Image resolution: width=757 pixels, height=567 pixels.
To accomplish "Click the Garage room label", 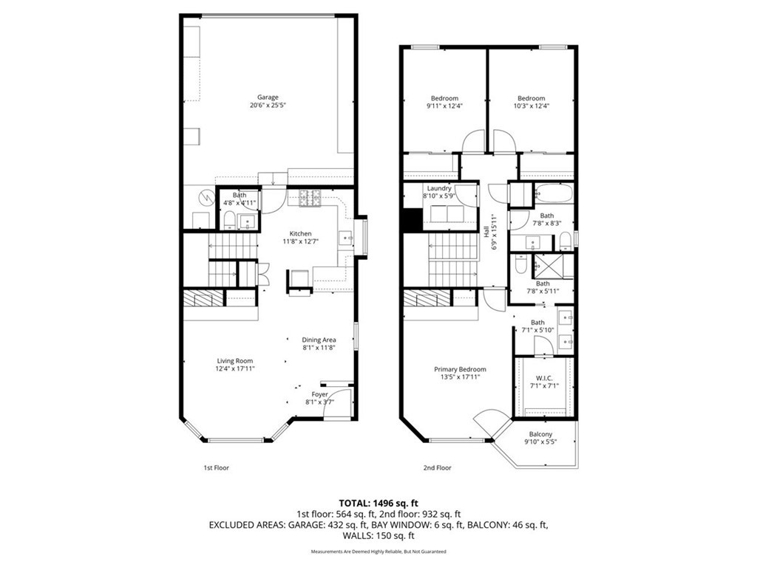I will pos(267,97).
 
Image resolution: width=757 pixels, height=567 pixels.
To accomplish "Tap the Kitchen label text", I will pos(299,234).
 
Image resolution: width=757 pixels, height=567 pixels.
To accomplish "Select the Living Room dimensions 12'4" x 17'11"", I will pos(234,368).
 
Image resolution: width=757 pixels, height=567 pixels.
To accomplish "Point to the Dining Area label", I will pos(319,340).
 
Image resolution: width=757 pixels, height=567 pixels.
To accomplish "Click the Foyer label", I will pos(319,394).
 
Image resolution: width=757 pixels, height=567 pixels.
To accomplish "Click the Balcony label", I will pos(540,434).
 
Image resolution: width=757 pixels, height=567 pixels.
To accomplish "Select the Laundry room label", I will pos(438,188).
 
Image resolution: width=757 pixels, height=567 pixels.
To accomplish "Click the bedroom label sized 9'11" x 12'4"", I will pos(444,98).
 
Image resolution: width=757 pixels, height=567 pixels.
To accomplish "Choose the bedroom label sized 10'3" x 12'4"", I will pos(531,98).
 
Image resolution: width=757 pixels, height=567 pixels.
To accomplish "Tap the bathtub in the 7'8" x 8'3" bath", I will pos(552,194).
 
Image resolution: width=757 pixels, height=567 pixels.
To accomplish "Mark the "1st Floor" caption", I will pos(216,467).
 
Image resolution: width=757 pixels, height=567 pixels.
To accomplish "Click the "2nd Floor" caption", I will pos(437,467).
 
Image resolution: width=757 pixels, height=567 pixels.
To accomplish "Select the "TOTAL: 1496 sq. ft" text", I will pos(378,502).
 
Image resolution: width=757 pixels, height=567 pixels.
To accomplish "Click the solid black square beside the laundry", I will pos(411,219).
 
